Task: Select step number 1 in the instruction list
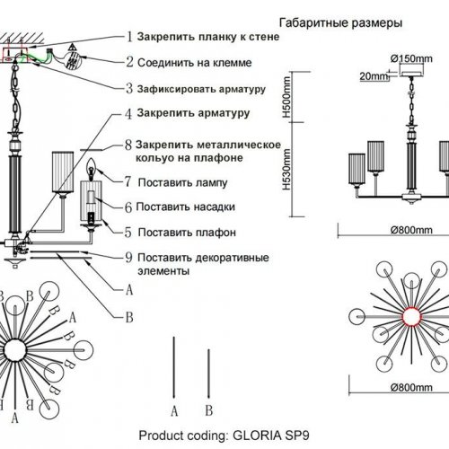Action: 129,38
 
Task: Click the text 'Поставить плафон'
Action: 188,231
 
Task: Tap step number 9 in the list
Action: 129,254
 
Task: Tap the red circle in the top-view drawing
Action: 410,318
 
